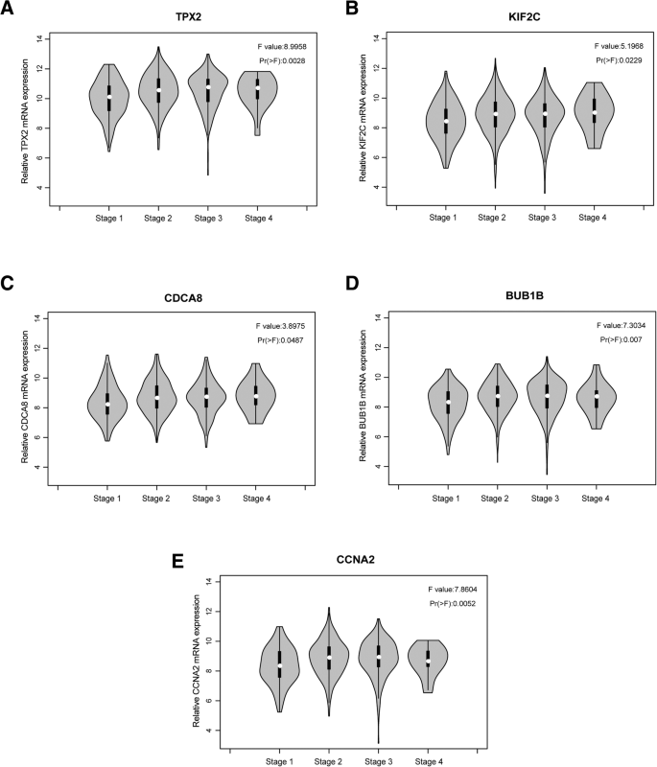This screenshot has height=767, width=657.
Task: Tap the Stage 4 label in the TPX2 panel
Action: pos(258,218)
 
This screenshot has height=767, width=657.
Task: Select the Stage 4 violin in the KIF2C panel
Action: pos(596,115)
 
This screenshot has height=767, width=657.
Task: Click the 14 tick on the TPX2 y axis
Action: pos(39,38)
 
